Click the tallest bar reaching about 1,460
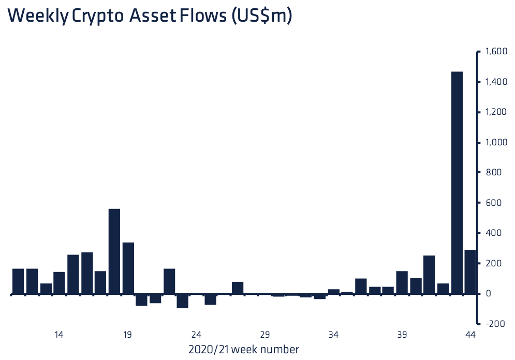pos(457,183)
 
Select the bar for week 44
pos(470,272)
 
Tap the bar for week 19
pos(128,268)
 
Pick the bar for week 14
pos(59,283)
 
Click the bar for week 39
pos(402,282)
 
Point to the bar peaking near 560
pos(114,251)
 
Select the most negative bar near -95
pos(182,301)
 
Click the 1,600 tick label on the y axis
pos(496,52)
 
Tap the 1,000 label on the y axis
pos(496,142)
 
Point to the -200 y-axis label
pos(495,324)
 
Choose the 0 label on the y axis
pos(489,293)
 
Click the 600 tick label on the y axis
pos(494,202)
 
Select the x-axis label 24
pos(196,335)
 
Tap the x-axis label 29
pos(264,335)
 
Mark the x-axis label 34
pos(333,335)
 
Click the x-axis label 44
pos(470,335)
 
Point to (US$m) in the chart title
pos(261,16)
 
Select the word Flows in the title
pos(203,15)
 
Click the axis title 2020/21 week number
pos(244,350)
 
